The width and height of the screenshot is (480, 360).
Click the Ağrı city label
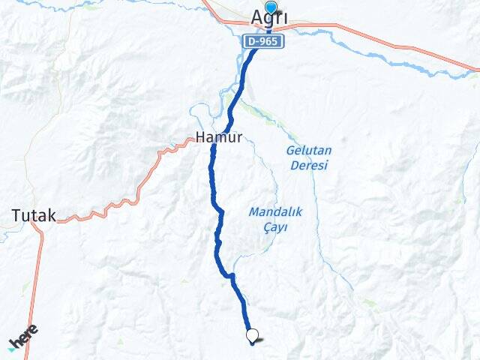(269, 17)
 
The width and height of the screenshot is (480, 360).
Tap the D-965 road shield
(263, 43)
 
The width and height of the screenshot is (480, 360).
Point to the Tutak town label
(34, 216)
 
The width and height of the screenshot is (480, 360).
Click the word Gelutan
(308, 150)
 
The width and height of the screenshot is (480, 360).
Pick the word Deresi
(308, 165)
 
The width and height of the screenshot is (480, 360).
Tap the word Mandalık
(275, 212)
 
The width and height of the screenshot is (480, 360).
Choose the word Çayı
(275, 228)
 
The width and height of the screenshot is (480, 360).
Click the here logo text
(25, 336)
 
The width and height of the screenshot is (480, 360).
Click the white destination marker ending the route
(253, 336)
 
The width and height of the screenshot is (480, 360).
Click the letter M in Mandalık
(253, 212)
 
